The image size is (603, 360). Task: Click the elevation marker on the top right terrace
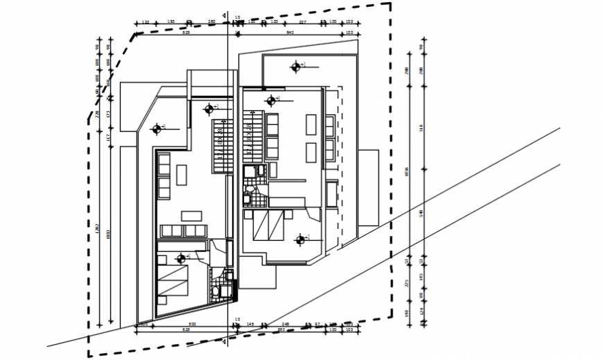click(296, 67)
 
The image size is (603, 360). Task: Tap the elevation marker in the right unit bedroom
click(299, 240)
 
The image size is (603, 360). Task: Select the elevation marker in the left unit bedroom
click(182, 259)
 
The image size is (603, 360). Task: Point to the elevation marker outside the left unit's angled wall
click(157, 128)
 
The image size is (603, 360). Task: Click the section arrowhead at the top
click(222, 16)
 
